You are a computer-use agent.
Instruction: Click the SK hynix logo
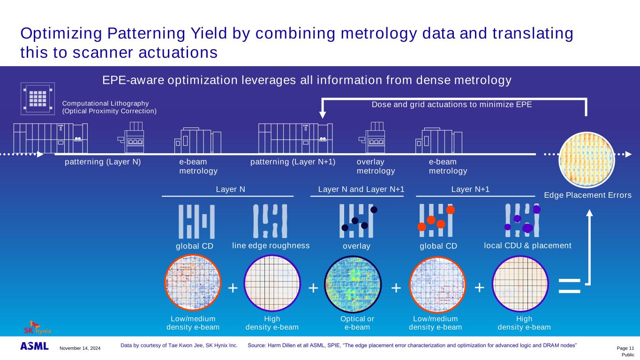[38, 327]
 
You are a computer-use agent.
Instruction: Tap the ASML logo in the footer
[34, 346]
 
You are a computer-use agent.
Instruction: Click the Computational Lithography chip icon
[38, 98]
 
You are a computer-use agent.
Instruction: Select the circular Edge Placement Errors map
[587, 159]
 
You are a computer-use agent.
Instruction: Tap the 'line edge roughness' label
[271, 246]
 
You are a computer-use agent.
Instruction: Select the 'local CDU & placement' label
[527, 246]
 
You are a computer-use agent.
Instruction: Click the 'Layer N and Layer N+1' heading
[361, 189]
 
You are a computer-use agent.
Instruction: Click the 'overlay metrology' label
[376, 166]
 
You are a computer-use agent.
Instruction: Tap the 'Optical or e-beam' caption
[357, 323]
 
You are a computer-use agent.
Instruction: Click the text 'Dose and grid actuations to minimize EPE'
[452, 105]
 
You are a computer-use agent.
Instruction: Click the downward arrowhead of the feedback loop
[322, 114]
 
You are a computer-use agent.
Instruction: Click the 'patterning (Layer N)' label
[103, 162]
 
